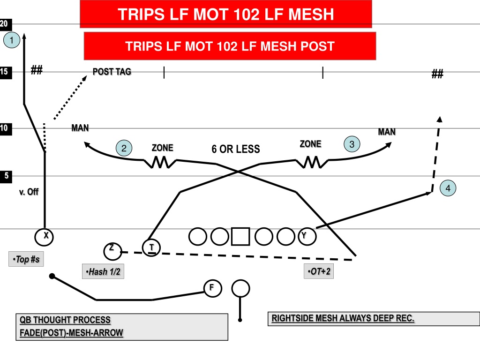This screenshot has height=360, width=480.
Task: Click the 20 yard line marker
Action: [x=6, y=24]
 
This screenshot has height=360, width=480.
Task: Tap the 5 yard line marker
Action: [x=6, y=176]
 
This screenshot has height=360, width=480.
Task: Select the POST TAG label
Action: [x=112, y=72]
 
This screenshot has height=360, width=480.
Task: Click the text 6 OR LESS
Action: [x=236, y=149]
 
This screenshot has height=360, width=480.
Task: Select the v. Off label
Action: [x=29, y=192]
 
